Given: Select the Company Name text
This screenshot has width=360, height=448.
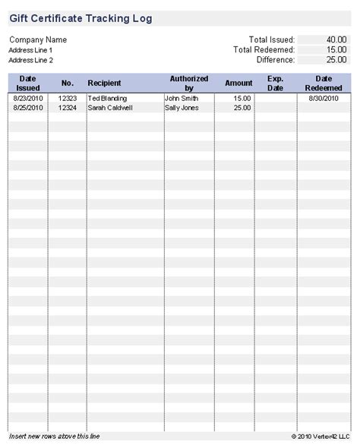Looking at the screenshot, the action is tap(38, 39).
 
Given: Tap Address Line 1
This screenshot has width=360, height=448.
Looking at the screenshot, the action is tap(31, 50).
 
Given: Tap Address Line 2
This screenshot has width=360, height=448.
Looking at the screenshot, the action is tap(31, 60).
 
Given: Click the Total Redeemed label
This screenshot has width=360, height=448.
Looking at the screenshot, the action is tap(264, 49).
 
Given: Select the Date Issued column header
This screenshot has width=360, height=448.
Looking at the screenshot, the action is tap(28, 83).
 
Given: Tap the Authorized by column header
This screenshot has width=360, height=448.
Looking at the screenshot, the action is tap(189, 83).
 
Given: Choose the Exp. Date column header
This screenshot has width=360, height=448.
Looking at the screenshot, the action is tap(275, 83).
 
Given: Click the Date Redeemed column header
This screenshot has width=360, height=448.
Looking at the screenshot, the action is tap(324, 83).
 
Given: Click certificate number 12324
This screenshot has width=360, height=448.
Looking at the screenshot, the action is tap(68, 108).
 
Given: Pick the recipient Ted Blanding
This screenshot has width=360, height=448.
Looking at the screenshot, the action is tap(108, 99).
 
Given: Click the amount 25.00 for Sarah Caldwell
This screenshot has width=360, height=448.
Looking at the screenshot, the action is tap(242, 108).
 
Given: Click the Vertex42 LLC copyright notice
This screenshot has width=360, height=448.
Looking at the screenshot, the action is tap(321, 437).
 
